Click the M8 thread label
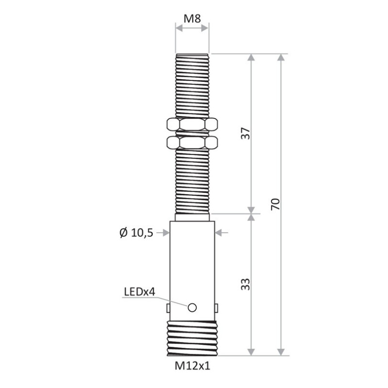192,19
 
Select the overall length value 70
275,204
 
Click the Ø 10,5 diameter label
136,233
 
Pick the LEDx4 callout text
139,291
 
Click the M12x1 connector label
192,367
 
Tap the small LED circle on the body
192,307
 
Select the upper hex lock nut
192,125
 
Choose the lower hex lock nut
192,142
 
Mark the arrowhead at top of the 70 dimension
280,58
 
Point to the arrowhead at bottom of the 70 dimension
280,351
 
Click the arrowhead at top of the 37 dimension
251,58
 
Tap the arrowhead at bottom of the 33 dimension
251,351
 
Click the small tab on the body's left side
168,307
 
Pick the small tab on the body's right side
216,307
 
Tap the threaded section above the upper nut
192,85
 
